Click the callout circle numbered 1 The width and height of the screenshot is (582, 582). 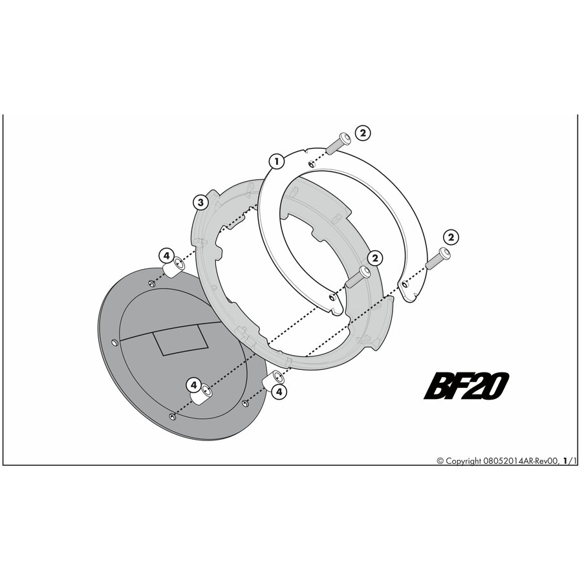(x=276, y=162)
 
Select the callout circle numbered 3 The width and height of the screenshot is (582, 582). (x=201, y=202)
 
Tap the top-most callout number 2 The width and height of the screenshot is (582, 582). (x=363, y=133)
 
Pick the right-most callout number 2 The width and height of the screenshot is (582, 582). (x=451, y=237)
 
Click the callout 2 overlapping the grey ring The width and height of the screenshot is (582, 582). (x=374, y=257)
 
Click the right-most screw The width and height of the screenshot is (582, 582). (x=438, y=259)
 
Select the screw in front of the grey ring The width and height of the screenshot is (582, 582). (x=358, y=277)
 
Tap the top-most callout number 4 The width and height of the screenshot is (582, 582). (x=166, y=255)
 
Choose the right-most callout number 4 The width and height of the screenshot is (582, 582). (x=279, y=392)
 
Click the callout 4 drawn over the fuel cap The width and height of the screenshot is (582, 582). (x=194, y=385)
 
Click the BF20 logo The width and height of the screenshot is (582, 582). (x=466, y=386)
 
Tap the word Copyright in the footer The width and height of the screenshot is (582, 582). (x=463, y=461)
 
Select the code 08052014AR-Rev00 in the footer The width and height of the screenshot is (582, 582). (x=521, y=461)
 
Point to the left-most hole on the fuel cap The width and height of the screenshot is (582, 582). (x=114, y=341)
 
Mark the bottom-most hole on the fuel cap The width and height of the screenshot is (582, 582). (x=172, y=417)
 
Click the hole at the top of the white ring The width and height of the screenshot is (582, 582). (x=311, y=164)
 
